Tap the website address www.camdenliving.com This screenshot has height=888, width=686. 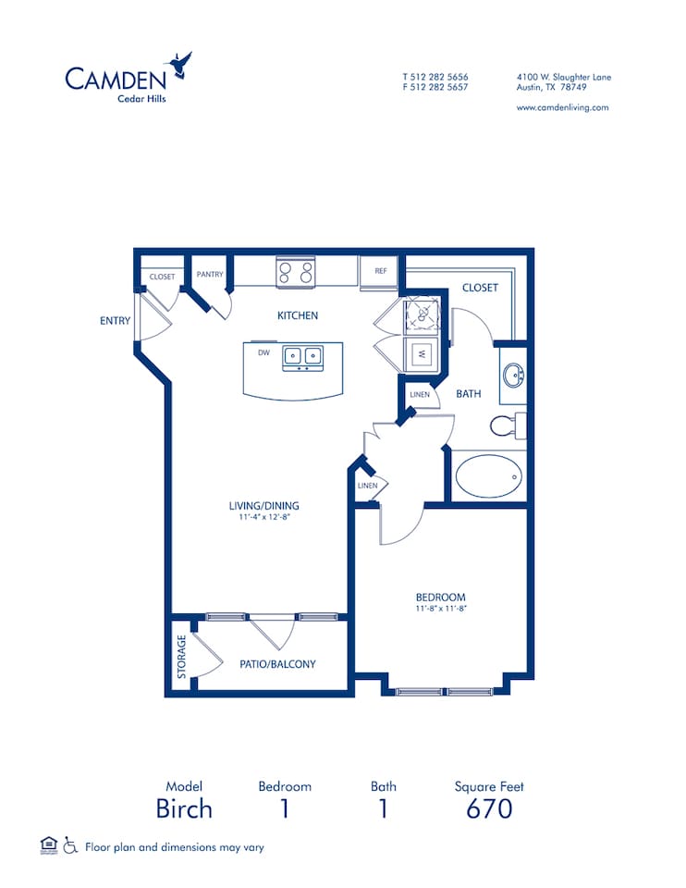point(562,107)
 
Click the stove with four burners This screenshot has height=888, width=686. point(296,272)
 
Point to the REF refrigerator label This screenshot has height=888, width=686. point(380,271)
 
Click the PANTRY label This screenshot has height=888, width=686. point(210,275)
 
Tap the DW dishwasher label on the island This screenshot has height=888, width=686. point(263,352)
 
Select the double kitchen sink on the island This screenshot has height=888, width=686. point(302,354)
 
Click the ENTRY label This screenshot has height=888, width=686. point(115,321)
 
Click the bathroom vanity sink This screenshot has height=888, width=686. point(513,376)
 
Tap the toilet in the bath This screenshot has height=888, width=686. point(504,425)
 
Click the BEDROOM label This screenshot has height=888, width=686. point(440,598)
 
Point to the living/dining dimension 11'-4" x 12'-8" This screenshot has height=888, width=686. point(264,518)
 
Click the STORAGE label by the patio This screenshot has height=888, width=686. point(182,657)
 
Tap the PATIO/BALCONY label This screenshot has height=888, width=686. point(277,664)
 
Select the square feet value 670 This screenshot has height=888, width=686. point(489,808)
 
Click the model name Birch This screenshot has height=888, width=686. point(184,808)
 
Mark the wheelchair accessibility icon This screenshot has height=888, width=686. point(70,845)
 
